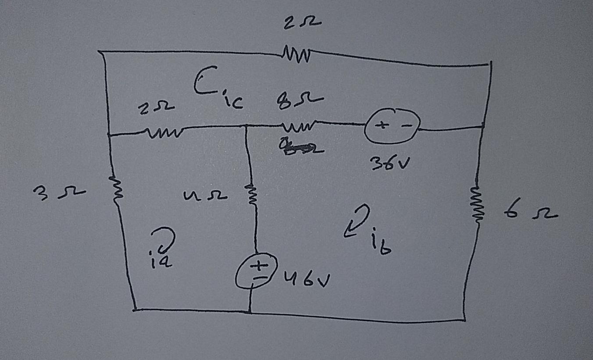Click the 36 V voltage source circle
point(392,127)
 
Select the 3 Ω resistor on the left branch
point(116,190)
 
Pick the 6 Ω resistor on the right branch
point(476,203)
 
